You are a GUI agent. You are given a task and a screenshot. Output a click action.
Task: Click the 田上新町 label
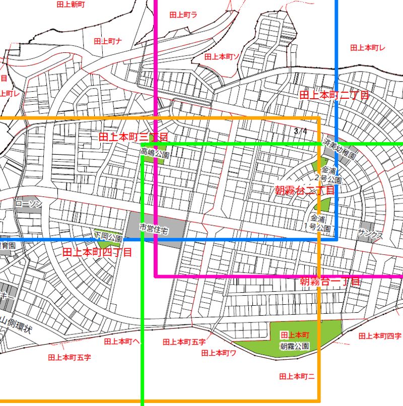[x=70, y=5]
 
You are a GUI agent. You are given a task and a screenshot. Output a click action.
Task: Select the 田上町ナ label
[x=108, y=41]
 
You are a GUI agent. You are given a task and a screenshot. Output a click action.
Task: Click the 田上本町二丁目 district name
[x=334, y=95]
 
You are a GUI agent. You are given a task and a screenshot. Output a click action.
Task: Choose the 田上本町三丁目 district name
[x=133, y=137]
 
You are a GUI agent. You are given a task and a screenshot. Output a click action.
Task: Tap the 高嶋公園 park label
[x=154, y=152]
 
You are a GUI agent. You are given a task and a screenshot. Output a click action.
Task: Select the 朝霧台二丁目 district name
[x=304, y=190]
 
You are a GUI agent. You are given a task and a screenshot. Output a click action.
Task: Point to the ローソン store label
[x=28, y=204]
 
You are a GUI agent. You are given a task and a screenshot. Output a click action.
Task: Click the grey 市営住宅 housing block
[x=156, y=229]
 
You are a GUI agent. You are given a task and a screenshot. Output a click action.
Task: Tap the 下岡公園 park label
[x=108, y=236]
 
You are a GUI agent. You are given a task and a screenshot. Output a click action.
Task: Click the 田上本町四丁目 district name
[x=97, y=252]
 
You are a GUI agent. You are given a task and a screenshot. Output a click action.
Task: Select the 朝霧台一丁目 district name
[x=330, y=282]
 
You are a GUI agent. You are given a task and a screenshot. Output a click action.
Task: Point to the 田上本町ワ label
[x=219, y=353]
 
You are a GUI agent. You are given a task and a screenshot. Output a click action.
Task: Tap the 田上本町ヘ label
[x=122, y=341]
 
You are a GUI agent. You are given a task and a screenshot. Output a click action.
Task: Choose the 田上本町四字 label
[x=380, y=335]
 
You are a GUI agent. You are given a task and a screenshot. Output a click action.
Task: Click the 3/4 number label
[x=300, y=131]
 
